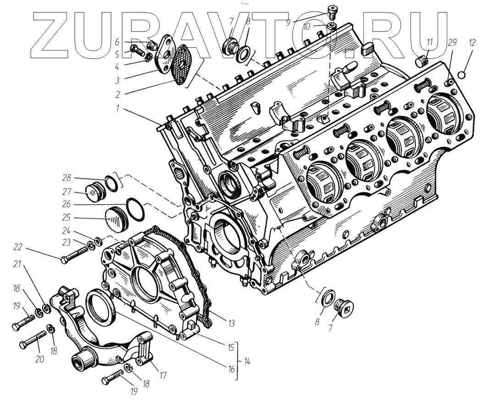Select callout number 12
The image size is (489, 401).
click(472, 42)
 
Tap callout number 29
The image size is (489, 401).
click(452, 42)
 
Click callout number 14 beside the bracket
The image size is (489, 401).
click(247, 361)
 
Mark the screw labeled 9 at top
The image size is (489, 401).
click(333, 10)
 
